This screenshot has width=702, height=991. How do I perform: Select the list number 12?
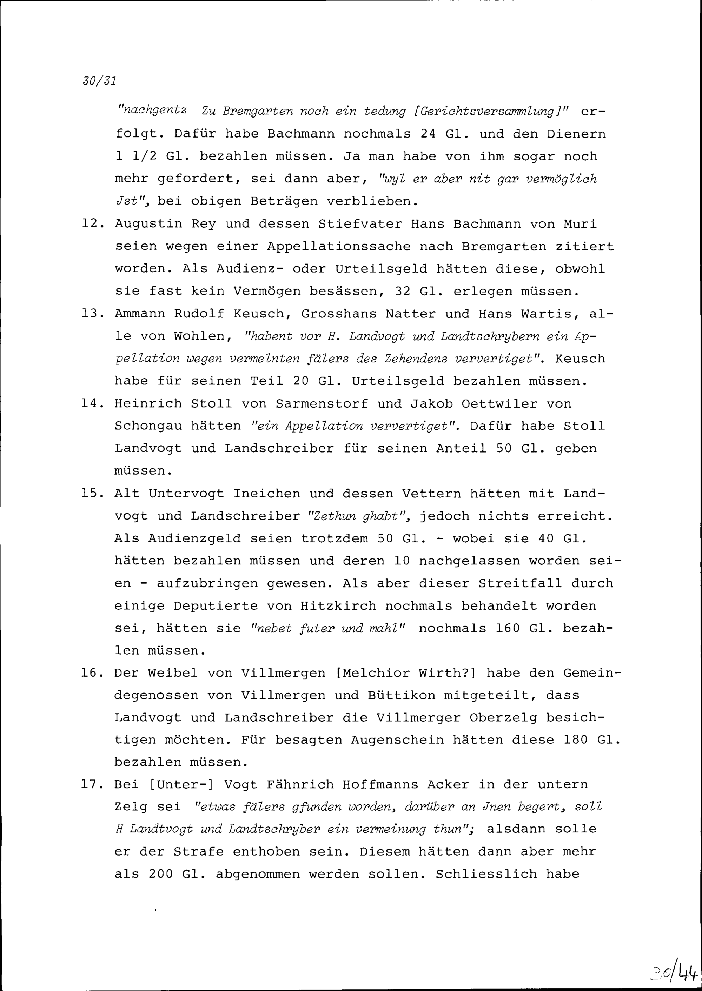92,224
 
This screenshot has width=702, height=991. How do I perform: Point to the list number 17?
92,784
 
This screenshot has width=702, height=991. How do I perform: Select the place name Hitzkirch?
338,606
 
